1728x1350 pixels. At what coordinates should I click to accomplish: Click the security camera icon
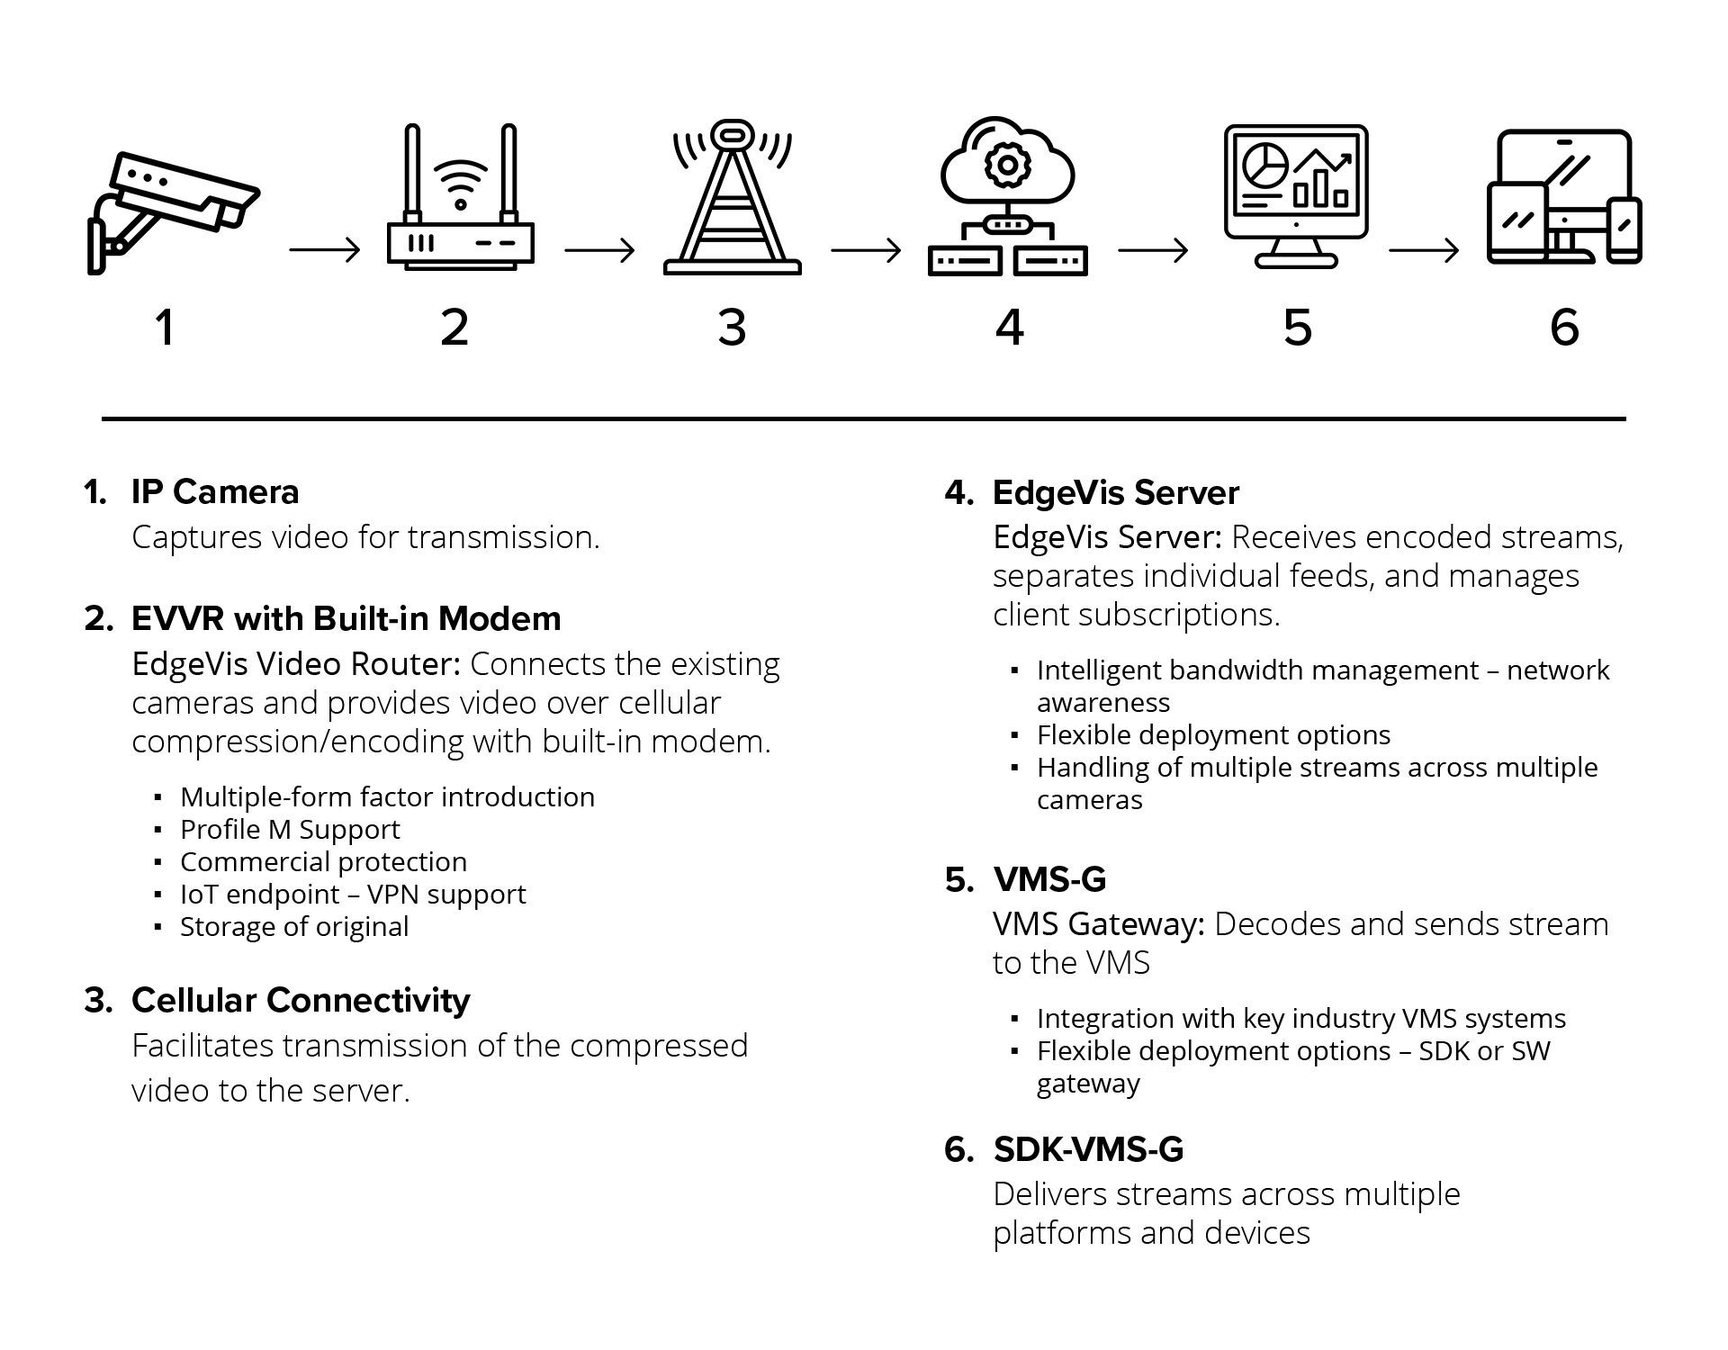click(x=171, y=211)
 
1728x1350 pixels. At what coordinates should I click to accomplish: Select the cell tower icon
click(x=732, y=202)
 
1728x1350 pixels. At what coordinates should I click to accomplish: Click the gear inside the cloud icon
click(x=1007, y=164)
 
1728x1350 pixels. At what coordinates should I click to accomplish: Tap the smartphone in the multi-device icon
click(x=1624, y=230)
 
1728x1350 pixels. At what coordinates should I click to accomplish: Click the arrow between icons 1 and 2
click(x=324, y=250)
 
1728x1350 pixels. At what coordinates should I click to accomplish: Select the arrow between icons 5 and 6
click(x=1423, y=250)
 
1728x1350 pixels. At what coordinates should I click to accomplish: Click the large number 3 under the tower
click(x=732, y=327)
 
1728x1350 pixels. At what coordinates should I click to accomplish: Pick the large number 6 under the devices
click(x=1564, y=327)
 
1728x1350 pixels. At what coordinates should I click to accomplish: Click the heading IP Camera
click(x=215, y=492)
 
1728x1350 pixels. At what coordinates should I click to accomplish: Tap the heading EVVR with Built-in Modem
click(x=346, y=619)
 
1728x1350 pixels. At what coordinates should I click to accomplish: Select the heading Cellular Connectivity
click(x=301, y=1001)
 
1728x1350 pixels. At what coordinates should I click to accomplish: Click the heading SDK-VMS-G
click(x=1088, y=1149)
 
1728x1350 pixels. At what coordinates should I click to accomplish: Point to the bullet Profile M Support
click(x=290, y=830)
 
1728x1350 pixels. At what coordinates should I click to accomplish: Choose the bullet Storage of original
click(x=294, y=927)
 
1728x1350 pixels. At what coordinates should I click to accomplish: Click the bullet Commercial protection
click(x=323, y=862)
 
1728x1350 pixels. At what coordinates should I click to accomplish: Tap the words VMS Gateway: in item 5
click(x=1098, y=924)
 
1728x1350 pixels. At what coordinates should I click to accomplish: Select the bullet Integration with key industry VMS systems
click(x=1300, y=1019)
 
